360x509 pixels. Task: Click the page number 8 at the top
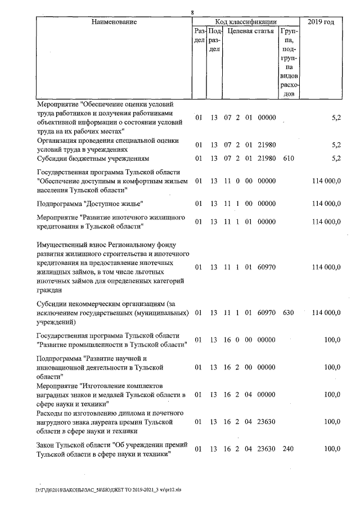[192, 12]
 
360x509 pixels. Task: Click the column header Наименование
[115, 22]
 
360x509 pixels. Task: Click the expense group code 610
[289, 159]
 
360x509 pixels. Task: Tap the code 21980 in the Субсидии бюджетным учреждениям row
[266, 159]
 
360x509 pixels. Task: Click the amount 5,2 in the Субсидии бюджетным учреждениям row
[336, 159]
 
